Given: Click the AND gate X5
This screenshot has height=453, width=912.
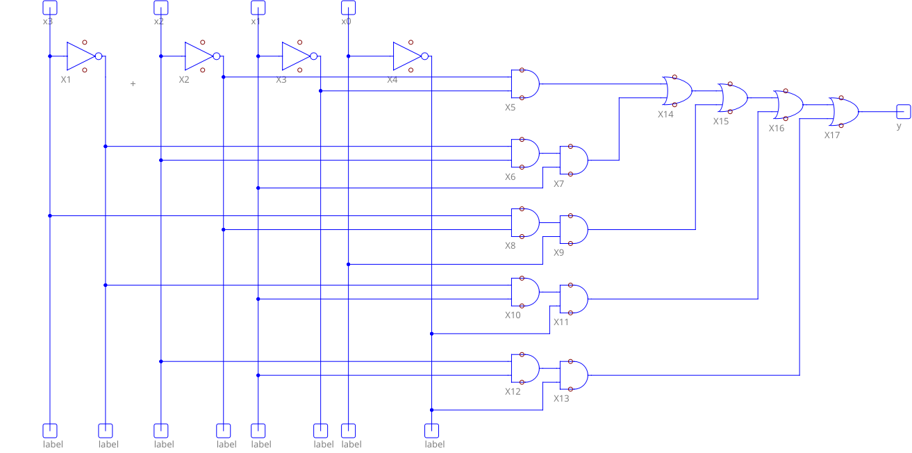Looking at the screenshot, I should pyautogui.click(x=524, y=84).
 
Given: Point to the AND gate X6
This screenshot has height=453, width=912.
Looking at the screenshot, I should pyautogui.click(x=524, y=154).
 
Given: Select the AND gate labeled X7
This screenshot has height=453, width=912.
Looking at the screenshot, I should pyautogui.click(x=573, y=160).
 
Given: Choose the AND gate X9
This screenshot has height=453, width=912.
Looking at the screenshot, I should pyautogui.click(x=573, y=230).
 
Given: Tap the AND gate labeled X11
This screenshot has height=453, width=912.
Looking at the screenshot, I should pyautogui.click(x=573, y=299).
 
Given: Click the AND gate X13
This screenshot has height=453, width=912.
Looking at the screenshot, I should pyautogui.click(x=573, y=376).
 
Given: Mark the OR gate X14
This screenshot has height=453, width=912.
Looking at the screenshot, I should pyautogui.click(x=677, y=91).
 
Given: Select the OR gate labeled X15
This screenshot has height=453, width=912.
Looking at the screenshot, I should pyautogui.click(x=733, y=98).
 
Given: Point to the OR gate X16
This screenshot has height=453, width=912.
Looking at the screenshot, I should pyautogui.click(x=788, y=105).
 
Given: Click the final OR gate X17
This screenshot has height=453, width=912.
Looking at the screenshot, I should pyautogui.click(x=844, y=112).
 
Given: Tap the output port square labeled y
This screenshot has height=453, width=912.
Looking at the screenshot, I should pyautogui.click(x=903, y=111).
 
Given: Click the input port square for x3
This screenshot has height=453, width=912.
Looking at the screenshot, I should pyautogui.click(x=50, y=8).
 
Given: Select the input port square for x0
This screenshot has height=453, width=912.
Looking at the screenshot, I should pyautogui.click(x=349, y=8).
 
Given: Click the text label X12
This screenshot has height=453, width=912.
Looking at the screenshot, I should pyautogui.click(x=513, y=392).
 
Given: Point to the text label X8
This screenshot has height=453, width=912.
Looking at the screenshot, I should pyautogui.click(x=511, y=246).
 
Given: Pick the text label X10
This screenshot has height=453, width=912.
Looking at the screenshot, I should pyautogui.click(x=513, y=315).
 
